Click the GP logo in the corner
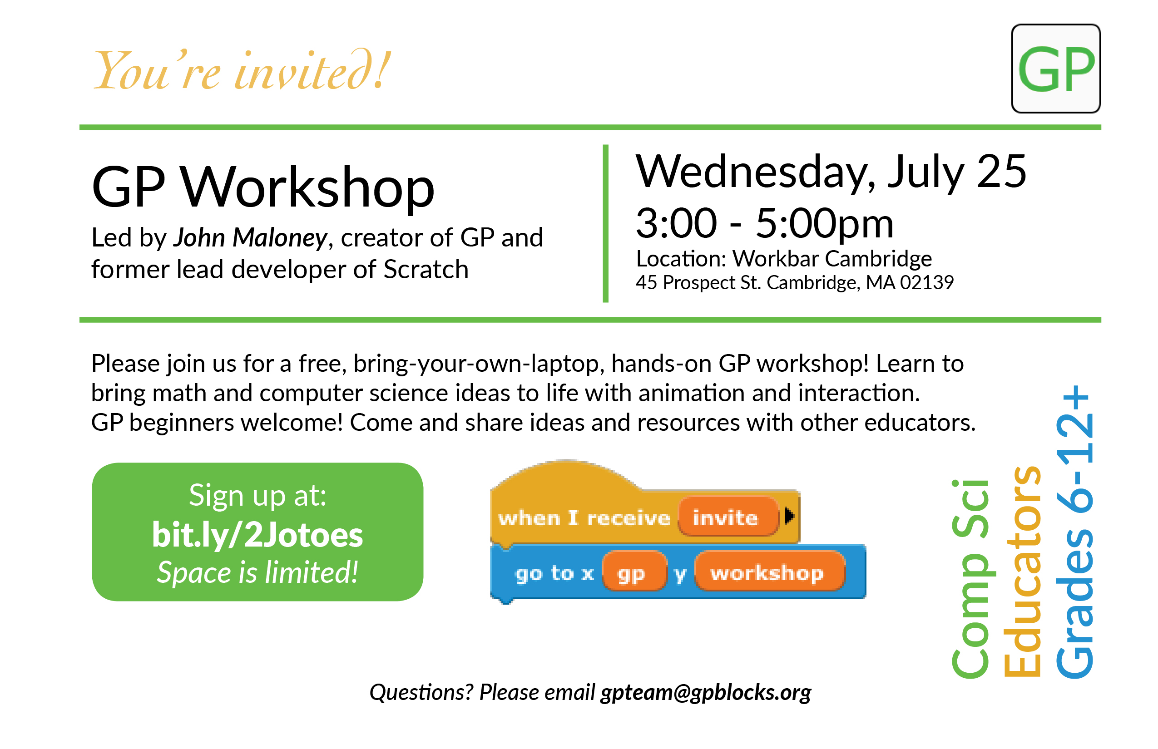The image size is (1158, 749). [x=1056, y=69]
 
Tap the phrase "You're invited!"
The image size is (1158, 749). [x=242, y=71]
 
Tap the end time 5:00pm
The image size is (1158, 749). [x=825, y=224]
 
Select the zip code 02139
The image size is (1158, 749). [x=927, y=282]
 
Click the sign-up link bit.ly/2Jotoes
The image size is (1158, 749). [x=257, y=535]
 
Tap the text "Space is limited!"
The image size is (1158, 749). [x=257, y=572]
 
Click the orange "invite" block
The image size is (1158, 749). [x=728, y=517]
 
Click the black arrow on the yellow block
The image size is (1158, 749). [x=789, y=516]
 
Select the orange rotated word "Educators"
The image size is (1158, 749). [x=1023, y=572]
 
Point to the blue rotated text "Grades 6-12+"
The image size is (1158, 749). [x=1074, y=532]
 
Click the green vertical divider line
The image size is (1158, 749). [x=605, y=223]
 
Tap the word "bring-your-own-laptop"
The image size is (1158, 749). [x=479, y=364]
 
